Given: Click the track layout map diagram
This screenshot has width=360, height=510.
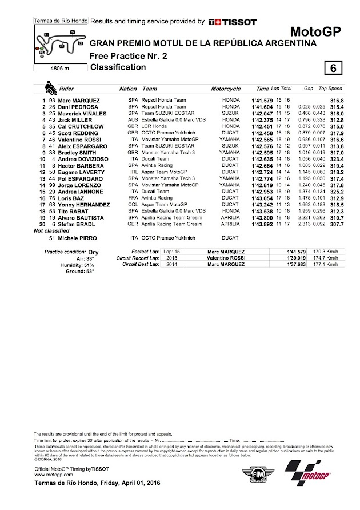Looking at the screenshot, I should tap(61, 43).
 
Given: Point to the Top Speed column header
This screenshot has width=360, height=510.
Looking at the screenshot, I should tap(330, 89).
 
